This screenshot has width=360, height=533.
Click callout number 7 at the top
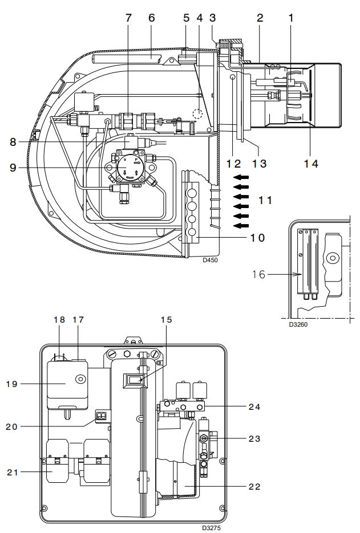pos(128,18)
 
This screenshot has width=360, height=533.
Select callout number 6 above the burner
pos(151,18)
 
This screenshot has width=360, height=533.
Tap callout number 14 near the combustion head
pos(311,164)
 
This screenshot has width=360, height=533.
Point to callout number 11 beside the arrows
pos(265,200)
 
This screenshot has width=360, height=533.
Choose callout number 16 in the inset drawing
pos(259,274)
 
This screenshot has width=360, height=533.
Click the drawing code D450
pos(211,260)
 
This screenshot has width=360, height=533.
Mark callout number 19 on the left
pos(13,384)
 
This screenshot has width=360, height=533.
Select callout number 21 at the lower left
pos(13,472)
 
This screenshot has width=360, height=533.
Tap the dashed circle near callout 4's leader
pos(197,113)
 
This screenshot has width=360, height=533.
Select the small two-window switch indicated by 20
pos(101,416)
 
